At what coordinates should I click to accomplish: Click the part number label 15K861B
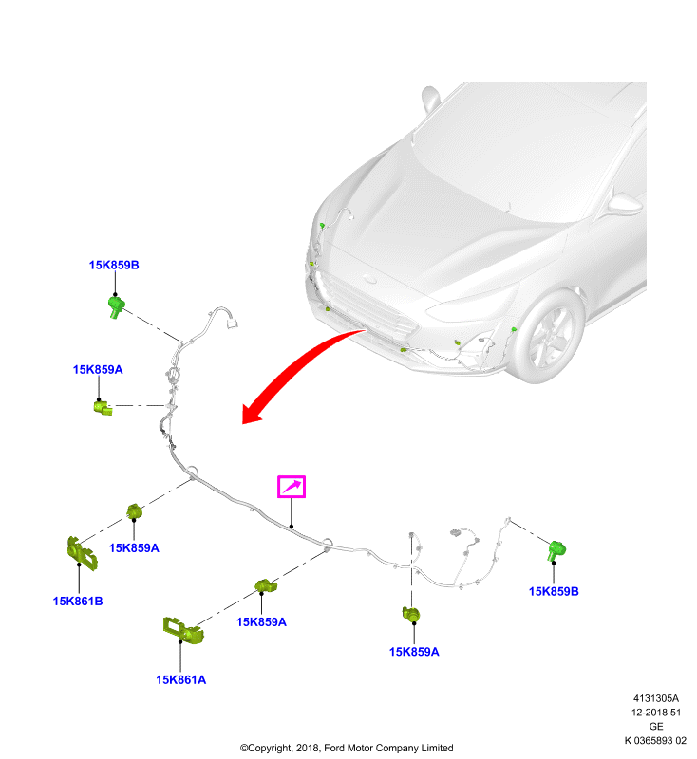(78, 602)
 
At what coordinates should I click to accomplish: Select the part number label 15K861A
(181, 680)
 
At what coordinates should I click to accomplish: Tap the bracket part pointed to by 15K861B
(82, 553)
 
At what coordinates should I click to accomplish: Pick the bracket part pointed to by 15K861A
(183, 630)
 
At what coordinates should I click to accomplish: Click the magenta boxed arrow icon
(292, 487)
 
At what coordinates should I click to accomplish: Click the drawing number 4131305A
(656, 698)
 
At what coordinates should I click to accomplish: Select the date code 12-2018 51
(656, 713)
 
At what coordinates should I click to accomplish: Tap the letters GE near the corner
(656, 727)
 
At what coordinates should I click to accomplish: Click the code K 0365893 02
(655, 741)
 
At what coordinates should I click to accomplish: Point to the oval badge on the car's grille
(370, 279)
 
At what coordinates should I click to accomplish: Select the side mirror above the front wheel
(626, 202)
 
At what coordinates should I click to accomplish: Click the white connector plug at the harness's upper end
(233, 323)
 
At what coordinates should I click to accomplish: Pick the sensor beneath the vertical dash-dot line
(411, 614)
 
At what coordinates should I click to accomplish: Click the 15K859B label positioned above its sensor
(114, 266)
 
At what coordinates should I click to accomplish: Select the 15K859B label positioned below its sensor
(554, 591)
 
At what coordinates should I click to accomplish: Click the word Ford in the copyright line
(334, 748)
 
